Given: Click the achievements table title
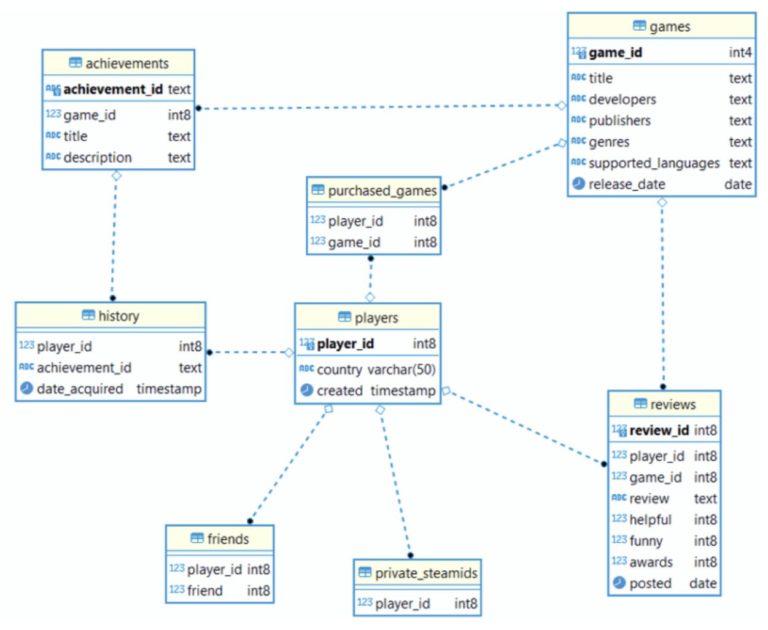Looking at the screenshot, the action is (x=127, y=63).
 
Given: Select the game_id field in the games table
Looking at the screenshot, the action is (x=615, y=52).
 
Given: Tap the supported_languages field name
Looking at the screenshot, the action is (x=654, y=163).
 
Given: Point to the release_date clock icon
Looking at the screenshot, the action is (x=579, y=184).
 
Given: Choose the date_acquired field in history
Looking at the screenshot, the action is (x=80, y=389).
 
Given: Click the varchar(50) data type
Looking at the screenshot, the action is (x=401, y=370).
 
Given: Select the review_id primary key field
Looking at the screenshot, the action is (x=659, y=430).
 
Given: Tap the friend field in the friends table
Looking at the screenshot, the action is (x=204, y=591).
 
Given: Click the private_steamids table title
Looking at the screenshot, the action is (x=426, y=573).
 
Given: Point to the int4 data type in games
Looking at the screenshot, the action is (x=740, y=52).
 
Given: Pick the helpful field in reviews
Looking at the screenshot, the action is (x=650, y=519).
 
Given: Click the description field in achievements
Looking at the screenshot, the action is (x=98, y=157).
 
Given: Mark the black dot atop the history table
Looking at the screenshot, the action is (x=113, y=298).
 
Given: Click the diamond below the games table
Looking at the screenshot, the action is (x=662, y=202).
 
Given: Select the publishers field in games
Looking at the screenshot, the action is (x=620, y=120).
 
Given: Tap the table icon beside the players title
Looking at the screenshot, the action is (x=344, y=317).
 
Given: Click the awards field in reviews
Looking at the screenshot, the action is (x=651, y=562).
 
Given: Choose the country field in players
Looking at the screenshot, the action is (x=339, y=370).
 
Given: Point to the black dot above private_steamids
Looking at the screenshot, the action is (x=411, y=555).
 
